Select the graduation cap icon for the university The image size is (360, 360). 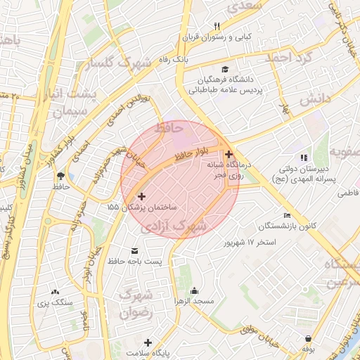pyautogui.click(x=224, y=69)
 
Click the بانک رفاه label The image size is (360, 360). pyautogui.click(x=174, y=60)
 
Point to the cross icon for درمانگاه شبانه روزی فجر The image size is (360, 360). pyautogui.click(x=229, y=154)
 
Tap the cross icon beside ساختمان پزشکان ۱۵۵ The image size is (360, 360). pyautogui.click(x=142, y=197)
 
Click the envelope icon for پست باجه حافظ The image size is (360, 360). pyautogui.click(x=135, y=250)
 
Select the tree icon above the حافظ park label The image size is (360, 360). pyautogui.click(x=60, y=175)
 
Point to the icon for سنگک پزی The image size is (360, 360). pyautogui.click(x=55, y=292)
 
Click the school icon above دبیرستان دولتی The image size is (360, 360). pyautogui.click(x=304, y=158)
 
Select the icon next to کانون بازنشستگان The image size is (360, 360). pyautogui.click(x=286, y=215)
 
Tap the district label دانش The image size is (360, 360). pyautogui.click(x=314, y=99)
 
